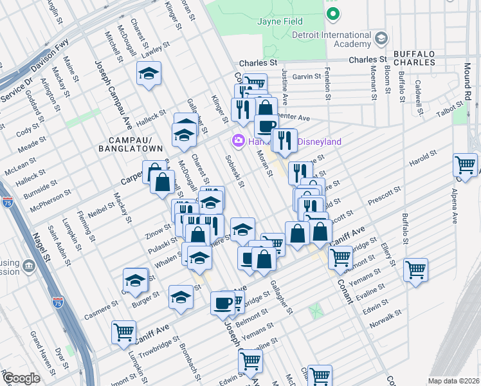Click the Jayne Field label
point(280,22)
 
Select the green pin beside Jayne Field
point(332,12)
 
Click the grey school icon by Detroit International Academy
point(381,39)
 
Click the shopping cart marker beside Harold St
point(464,164)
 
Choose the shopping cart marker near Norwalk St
point(415,268)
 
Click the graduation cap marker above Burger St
point(135,280)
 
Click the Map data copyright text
point(453,381)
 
